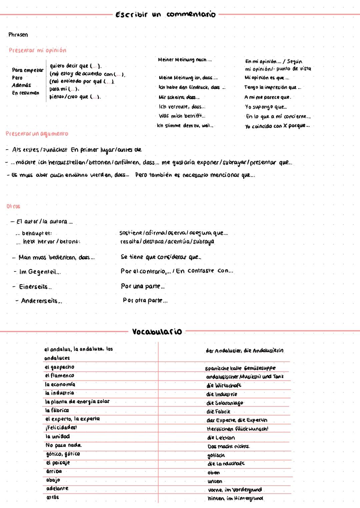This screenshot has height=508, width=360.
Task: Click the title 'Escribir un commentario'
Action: [x=165, y=14]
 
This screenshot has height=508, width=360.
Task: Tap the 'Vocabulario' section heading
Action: [x=157, y=331]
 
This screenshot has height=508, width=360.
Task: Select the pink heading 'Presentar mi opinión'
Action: [x=37, y=50]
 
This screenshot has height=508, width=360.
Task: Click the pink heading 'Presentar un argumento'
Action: [x=37, y=134]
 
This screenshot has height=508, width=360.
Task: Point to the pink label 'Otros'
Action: [x=13, y=206]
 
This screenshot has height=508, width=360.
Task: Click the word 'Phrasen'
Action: [x=18, y=35]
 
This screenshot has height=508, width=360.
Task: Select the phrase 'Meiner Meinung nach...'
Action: [x=184, y=60]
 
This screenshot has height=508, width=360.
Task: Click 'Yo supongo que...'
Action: [x=266, y=107]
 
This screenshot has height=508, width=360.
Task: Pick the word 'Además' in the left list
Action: [x=21, y=85]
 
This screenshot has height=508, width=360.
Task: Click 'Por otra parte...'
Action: [x=145, y=300]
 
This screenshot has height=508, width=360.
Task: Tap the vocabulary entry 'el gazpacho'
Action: [x=60, y=367]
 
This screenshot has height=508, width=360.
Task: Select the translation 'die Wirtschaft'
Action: [x=224, y=385]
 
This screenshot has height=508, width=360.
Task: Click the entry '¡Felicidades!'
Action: [x=61, y=427]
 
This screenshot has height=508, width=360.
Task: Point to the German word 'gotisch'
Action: [x=216, y=455]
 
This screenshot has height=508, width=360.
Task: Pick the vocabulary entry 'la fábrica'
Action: [x=57, y=410]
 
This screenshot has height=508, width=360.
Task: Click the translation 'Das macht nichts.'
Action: [x=228, y=446]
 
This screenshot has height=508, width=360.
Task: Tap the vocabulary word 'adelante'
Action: [x=57, y=488]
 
